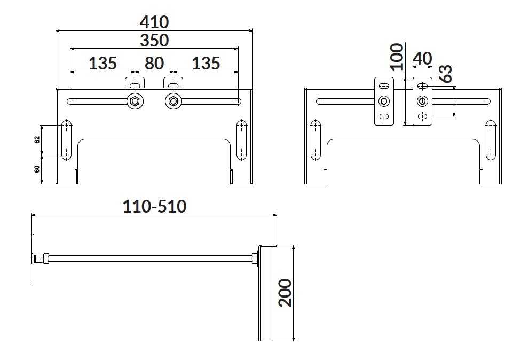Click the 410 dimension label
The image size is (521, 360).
tap(154, 22)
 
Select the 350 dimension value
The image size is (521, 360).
tap(154, 41)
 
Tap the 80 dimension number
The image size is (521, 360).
tap(154, 63)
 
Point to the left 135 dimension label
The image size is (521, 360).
tap(102, 63)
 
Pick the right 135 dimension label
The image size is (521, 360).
tap(206, 63)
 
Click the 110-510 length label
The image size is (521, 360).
tap(154, 206)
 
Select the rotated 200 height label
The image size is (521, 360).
tap(285, 293)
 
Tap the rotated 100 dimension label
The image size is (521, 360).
tap(397, 57)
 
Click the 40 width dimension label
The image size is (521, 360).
tap(422, 59)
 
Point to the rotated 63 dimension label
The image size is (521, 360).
tap(446, 74)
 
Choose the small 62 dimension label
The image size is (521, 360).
tap(37, 139)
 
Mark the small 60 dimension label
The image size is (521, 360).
tap(37, 169)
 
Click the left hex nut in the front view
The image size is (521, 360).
tap(135, 101)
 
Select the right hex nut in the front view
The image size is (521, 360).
tap(173, 101)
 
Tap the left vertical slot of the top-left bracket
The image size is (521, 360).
tap(66, 139)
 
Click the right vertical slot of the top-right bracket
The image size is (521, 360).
tap(491, 140)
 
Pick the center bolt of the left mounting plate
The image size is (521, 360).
tap(384, 101)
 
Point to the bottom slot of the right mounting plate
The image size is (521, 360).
tap(423, 116)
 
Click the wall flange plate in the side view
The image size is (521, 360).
tap(33, 259)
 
